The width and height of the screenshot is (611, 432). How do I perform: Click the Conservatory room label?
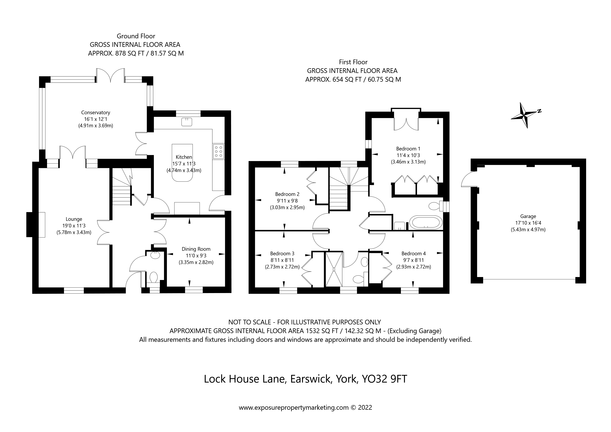(x=95, y=112)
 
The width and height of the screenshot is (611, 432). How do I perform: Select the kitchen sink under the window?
(x=187, y=122)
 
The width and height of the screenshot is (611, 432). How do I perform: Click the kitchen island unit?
(x=182, y=162)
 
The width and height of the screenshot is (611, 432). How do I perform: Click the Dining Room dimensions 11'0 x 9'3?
(x=196, y=256)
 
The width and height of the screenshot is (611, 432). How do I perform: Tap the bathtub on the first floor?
(x=425, y=222)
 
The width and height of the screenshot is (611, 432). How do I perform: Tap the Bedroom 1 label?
(x=408, y=149)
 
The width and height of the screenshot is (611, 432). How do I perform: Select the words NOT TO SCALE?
(x=249, y=322)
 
